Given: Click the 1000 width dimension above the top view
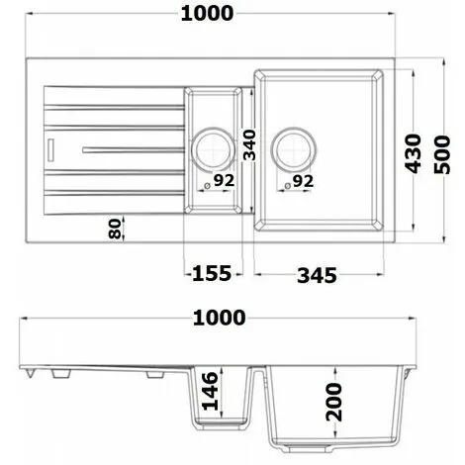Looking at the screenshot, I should click(x=207, y=13).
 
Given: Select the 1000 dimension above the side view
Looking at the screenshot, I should click(x=218, y=318).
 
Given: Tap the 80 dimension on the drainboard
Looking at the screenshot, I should click(x=115, y=230).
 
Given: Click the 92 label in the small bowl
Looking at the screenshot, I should click(x=222, y=181).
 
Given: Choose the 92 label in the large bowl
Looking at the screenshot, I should click(x=302, y=181).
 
